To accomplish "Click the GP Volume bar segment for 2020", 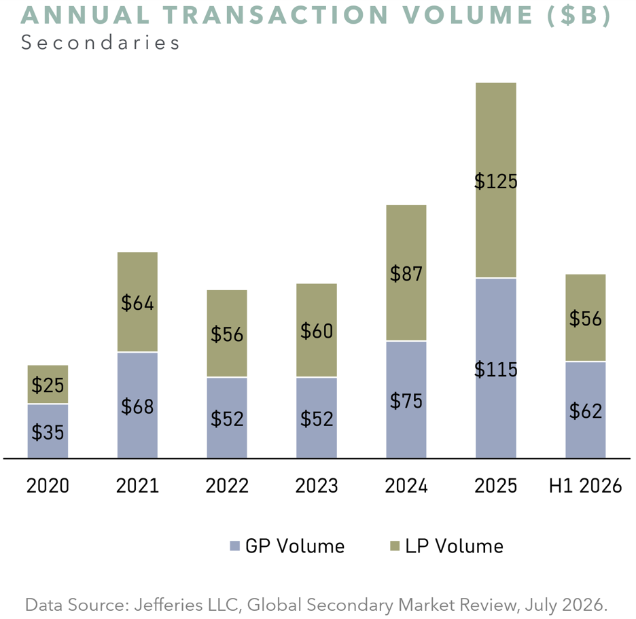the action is tap(48, 431).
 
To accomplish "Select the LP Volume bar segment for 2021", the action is tap(137, 302).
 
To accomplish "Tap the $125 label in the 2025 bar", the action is tap(495, 181).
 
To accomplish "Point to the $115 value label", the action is tap(495, 370).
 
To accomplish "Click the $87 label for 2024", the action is tap(406, 274).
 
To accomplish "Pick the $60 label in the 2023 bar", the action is tap(317, 331).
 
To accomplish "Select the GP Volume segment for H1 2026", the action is tap(585, 410).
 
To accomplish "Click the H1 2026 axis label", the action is tap(585, 486).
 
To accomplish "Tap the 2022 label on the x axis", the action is tap(227, 486).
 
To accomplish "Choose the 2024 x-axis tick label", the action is tap(406, 486).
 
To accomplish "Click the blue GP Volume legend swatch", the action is tap(235, 546).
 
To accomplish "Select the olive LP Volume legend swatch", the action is tap(395, 546).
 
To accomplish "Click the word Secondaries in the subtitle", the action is tap(100, 43).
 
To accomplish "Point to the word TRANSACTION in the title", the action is tap(277, 15).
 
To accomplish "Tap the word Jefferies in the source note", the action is tap(169, 605).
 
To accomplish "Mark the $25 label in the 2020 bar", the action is tap(48, 385).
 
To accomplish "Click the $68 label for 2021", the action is tap(137, 406).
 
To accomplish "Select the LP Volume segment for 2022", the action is tap(227, 334).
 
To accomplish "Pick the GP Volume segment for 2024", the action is tap(406, 400).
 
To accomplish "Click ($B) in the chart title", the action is tap(579, 16).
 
